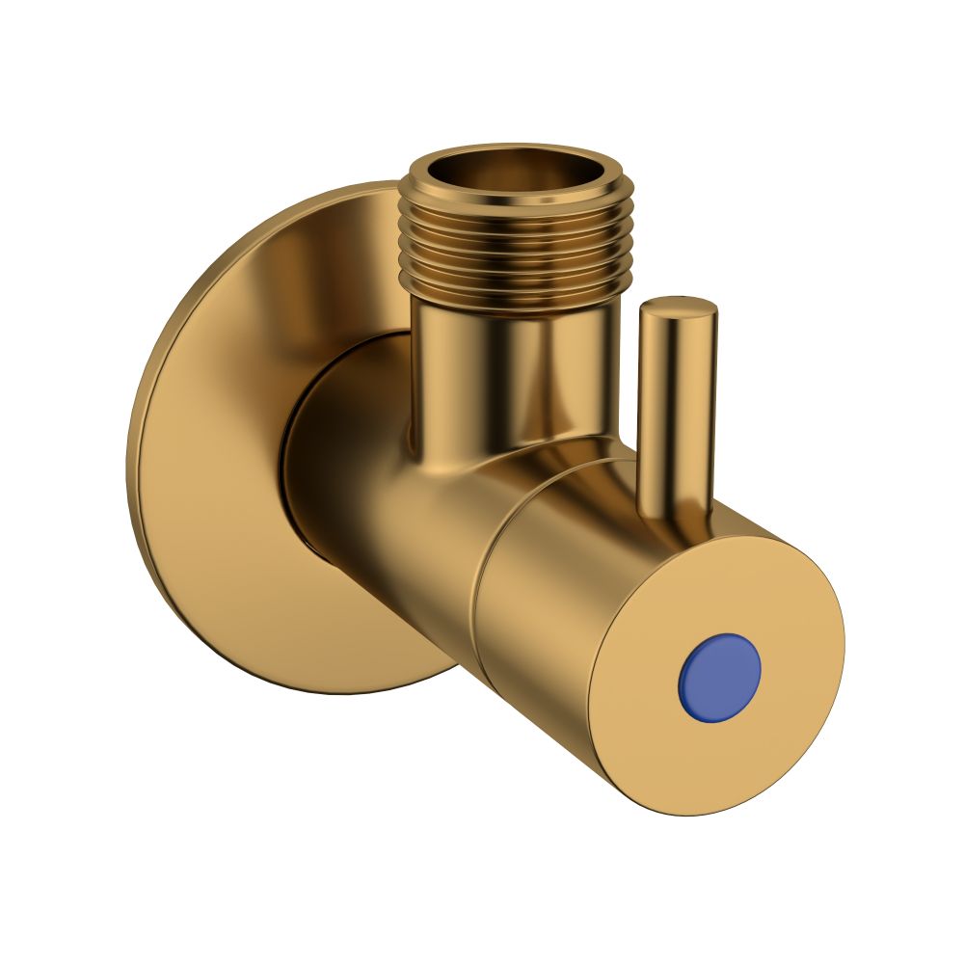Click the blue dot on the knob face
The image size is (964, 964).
click(719, 674)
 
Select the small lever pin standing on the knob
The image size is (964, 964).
click(677, 405)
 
